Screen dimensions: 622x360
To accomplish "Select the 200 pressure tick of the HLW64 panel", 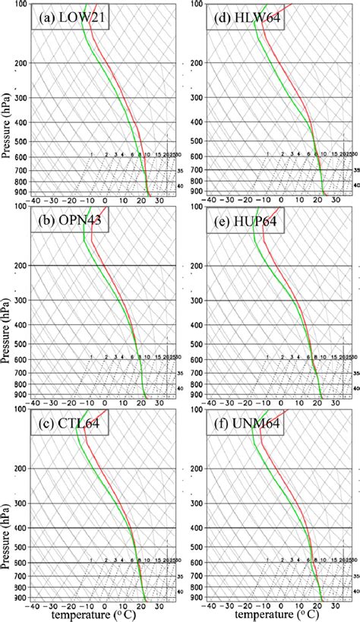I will [197, 62].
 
